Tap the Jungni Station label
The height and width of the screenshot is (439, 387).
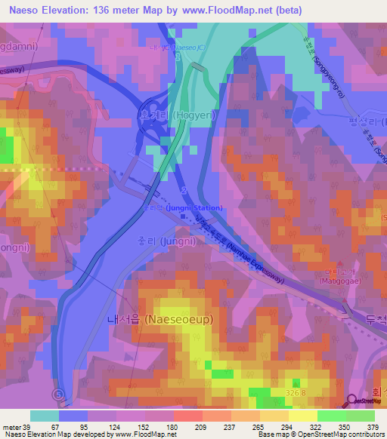coord(185,207)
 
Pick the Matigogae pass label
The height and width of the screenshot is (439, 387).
coord(324,287)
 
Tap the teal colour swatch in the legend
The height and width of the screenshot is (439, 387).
coord(45,416)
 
